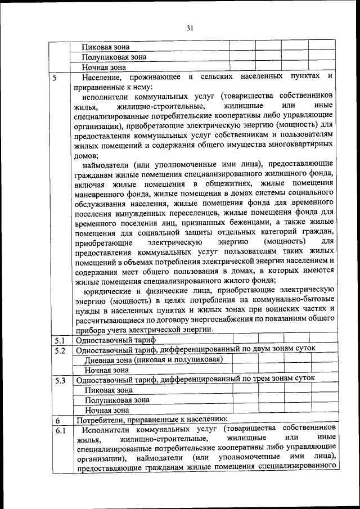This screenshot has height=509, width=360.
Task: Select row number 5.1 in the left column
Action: click(x=60, y=340)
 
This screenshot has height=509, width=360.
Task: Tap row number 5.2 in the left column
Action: click(x=60, y=350)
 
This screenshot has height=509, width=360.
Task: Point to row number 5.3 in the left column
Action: click(x=60, y=380)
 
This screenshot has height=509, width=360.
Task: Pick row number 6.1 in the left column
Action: click(x=60, y=430)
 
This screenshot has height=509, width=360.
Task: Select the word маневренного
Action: click(x=98, y=194)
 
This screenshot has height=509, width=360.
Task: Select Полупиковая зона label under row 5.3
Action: click(x=116, y=400)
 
